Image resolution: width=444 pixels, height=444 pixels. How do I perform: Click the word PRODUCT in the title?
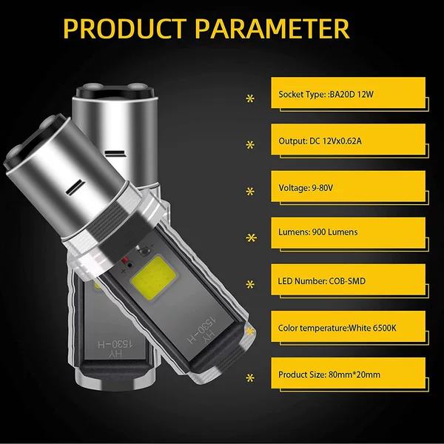125,29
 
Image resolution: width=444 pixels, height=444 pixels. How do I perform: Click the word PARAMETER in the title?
272,29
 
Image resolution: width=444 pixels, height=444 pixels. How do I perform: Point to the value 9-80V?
322,188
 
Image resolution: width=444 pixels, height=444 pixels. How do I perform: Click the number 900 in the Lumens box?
318,232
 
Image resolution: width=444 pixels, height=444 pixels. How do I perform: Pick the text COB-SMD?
347,281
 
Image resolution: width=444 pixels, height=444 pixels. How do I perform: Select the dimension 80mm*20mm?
354,374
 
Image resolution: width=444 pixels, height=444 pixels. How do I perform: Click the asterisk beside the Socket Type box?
250,99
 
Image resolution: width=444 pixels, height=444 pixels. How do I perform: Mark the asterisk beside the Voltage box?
250,192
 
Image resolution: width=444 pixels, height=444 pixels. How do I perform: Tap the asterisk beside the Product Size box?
250,378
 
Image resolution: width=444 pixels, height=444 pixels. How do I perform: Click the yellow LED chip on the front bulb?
153,279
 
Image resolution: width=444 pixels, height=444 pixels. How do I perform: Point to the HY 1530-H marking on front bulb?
201,330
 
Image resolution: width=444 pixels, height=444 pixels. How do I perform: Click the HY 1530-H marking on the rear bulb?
115,349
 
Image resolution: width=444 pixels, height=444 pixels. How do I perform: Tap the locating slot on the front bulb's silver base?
75,188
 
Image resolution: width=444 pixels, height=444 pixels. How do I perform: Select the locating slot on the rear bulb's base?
115,153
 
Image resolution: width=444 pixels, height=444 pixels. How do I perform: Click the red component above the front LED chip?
125,260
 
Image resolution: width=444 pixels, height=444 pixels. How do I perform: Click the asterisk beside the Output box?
250,145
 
